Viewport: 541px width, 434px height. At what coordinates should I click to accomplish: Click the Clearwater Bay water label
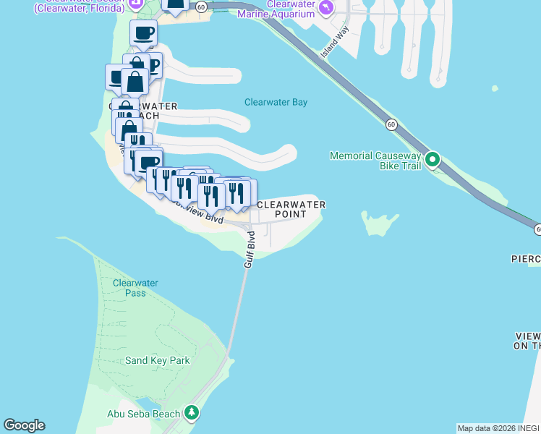276,102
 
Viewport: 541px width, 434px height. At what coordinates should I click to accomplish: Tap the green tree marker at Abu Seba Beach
192,413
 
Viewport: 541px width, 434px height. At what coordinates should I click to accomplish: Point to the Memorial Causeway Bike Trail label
375,161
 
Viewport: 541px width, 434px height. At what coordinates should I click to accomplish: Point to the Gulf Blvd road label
250,250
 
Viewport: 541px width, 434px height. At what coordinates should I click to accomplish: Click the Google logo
24,425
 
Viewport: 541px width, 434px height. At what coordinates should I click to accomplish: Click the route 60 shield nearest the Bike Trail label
391,124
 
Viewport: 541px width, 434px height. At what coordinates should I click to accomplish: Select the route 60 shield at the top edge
201,7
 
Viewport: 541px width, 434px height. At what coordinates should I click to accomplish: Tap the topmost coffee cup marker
143,33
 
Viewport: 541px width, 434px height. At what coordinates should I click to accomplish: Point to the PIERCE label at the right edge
526,259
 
